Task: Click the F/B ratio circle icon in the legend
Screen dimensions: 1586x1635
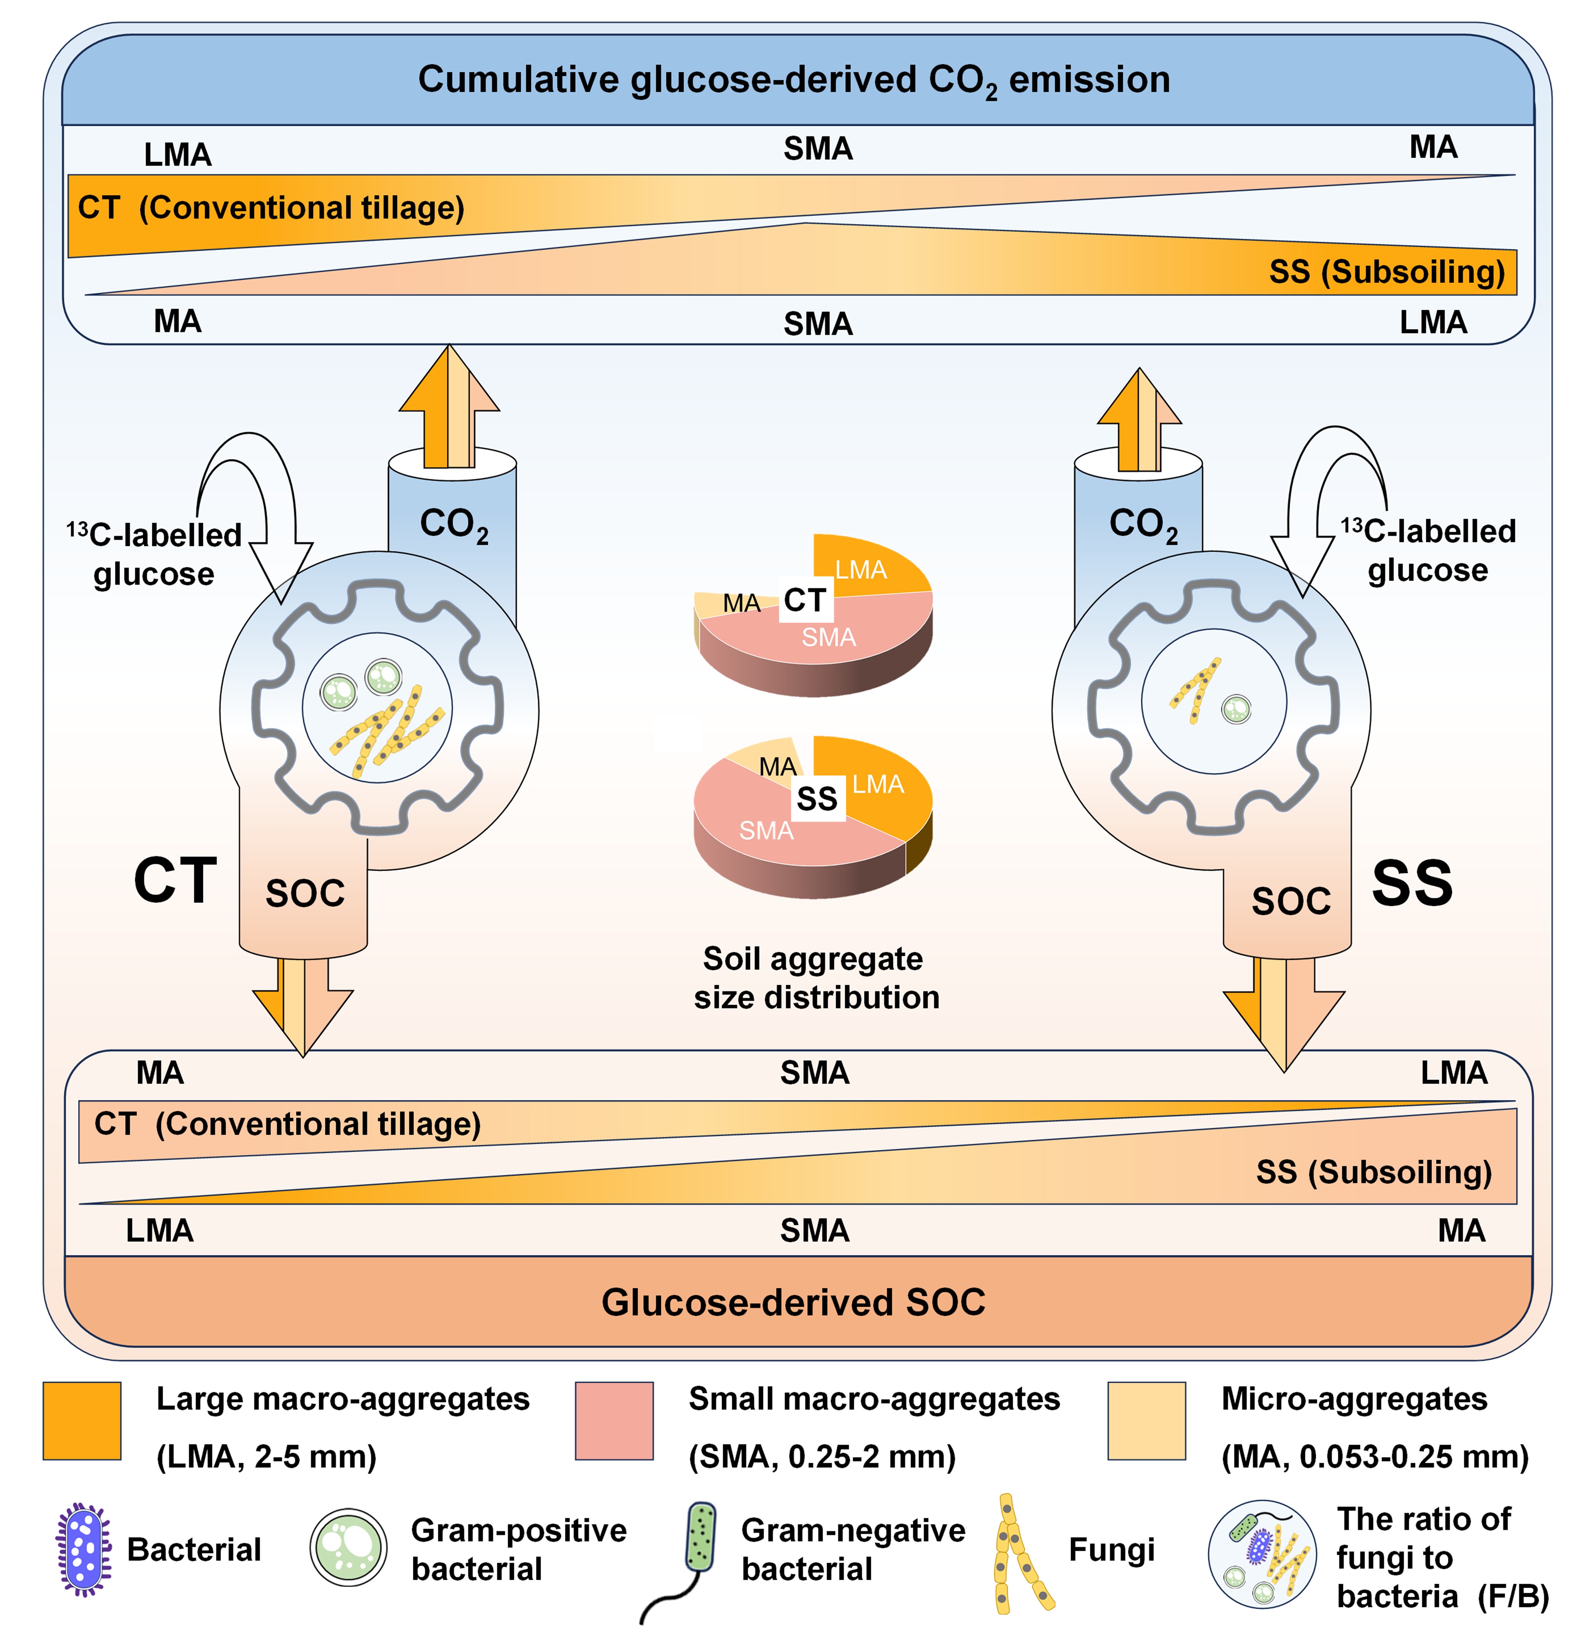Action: click(x=1262, y=1553)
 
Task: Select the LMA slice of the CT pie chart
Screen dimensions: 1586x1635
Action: click(x=867, y=567)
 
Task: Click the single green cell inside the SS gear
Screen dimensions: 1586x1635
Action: click(x=1236, y=710)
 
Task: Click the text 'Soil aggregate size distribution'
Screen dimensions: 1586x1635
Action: click(x=815, y=978)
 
